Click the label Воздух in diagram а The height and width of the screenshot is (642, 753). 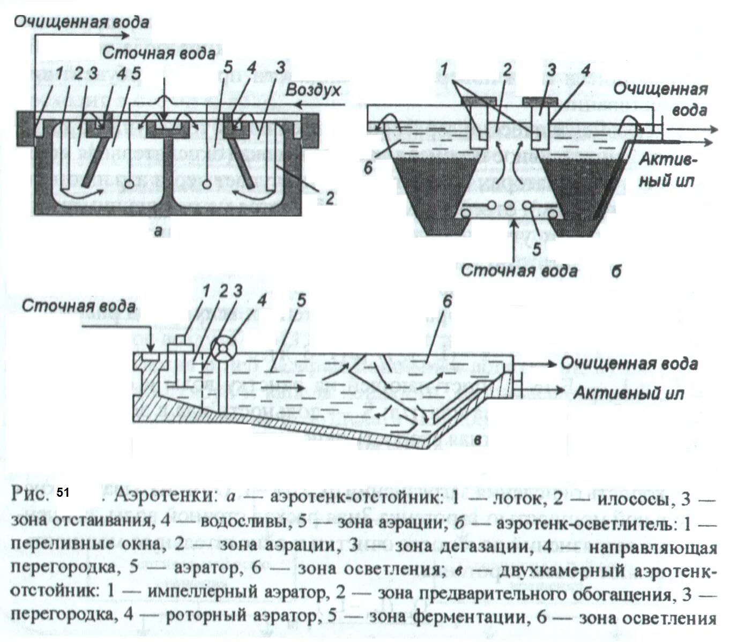[x=312, y=89]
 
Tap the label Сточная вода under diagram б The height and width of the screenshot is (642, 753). [x=519, y=270]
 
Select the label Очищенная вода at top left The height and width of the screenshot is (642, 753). [x=81, y=22]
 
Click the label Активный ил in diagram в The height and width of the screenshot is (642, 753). [x=629, y=393]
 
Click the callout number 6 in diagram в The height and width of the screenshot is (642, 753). [x=447, y=302]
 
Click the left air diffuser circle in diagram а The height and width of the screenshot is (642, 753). [x=129, y=184]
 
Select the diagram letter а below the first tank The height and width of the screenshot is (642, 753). [x=158, y=231]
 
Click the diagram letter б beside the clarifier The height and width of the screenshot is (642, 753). [x=616, y=271]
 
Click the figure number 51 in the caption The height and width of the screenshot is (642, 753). [x=63, y=492]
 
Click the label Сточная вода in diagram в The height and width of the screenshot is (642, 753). [x=78, y=307]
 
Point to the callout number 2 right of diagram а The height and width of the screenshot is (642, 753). [x=330, y=198]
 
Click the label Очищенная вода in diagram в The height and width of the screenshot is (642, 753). [x=629, y=364]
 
